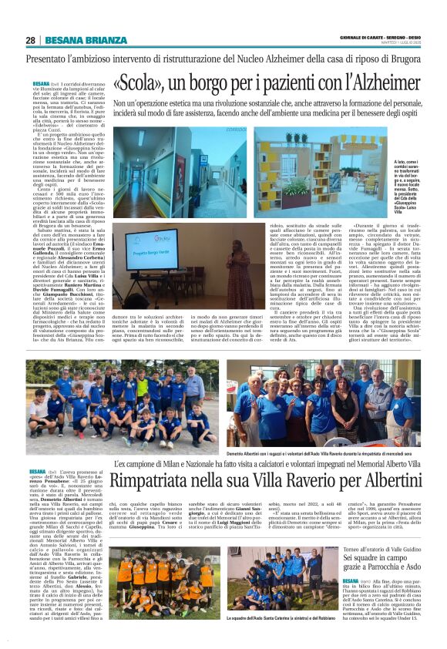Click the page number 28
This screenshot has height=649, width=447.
pyautogui.click(x=30, y=40)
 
